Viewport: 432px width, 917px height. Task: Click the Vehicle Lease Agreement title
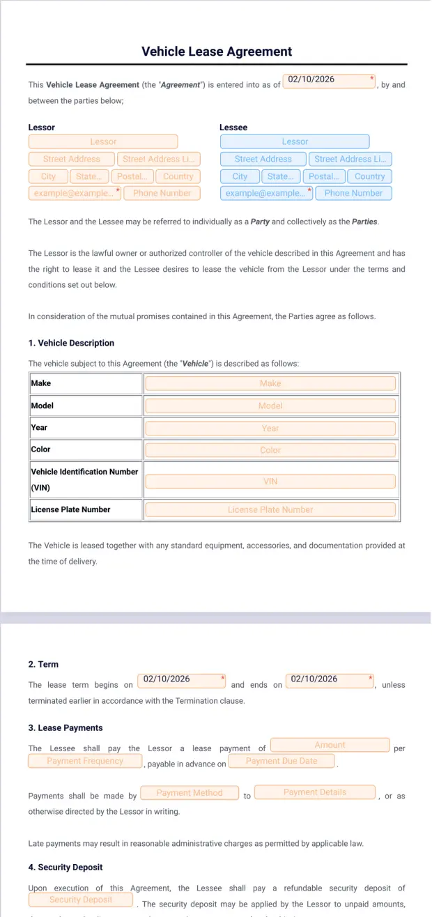pos(217,52)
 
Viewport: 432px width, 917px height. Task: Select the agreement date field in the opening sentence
pos(329,81)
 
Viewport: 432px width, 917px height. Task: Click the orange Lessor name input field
pos(103,141)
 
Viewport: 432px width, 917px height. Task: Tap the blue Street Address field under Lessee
pos(263,159)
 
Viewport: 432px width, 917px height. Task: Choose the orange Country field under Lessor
pos(178,176)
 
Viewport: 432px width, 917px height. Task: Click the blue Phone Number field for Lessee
pos(353,193)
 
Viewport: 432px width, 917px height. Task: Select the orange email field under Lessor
pos(72,193)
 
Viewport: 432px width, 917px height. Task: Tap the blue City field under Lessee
pos(240,176)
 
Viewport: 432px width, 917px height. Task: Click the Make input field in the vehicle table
pos(270,383)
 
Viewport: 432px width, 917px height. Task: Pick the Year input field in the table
pos(270,428)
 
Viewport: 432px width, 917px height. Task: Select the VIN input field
pos(270,481)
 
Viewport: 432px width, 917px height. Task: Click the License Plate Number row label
pos(70,509)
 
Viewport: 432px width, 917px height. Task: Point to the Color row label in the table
pos(40,449)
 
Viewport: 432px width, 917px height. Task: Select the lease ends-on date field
pos(330,681)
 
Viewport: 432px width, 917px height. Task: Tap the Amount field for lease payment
pos(330,745)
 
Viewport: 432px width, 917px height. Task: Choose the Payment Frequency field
pos(85,761)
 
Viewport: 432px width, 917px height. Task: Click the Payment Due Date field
pos(281,761)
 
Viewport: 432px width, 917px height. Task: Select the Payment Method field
pos(189,792)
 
